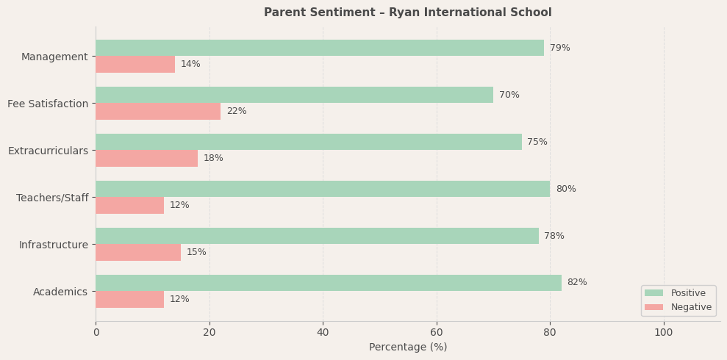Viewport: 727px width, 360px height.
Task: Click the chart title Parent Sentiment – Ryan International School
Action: tap(407, 12)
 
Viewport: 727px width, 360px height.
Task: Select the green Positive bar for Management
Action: tap(320, 48)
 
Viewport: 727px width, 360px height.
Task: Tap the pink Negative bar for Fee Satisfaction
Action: tap(158, 111)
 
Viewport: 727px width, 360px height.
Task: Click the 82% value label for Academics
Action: tap(577, 283)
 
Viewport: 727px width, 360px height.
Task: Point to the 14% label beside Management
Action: tap(190, 64)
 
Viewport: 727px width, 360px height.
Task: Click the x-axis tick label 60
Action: tap(437, 333)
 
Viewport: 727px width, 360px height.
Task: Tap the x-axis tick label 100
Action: tap(664, 333)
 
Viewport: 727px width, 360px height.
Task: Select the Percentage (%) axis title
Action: tap(407, 348)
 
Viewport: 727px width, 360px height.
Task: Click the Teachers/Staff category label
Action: tap(52, 198)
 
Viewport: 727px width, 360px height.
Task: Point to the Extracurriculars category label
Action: tap(48, 151)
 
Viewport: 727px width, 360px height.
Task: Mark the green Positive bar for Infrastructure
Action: tap(317, 236)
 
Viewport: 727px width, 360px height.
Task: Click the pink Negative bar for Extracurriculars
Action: tap(146, 158)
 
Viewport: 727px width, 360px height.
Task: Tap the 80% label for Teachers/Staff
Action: tap(566, 189)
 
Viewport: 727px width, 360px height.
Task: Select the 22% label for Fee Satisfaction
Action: tap(237, 111)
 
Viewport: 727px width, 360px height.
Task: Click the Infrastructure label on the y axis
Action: tap(54, 245)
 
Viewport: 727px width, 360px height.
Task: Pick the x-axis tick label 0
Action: tap(96, 333)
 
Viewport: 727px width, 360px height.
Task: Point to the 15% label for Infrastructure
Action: tap(196, 252)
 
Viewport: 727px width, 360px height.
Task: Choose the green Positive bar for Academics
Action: tap(329, 283)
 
